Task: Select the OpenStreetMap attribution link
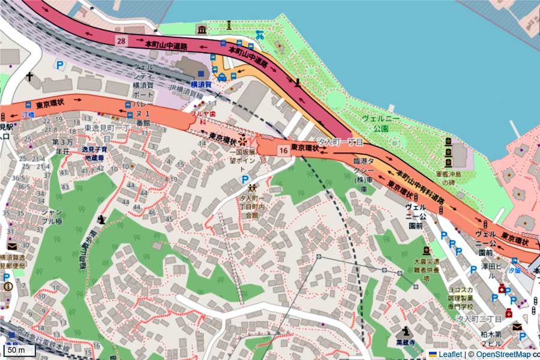[503, 354]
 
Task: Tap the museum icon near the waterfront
[202, 29]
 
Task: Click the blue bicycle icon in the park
[260, 35]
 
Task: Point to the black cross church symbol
[29, 77]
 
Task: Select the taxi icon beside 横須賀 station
[221, 77]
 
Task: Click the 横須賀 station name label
[200, 85]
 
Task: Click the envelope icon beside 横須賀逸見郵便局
[12, 246]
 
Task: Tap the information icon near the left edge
[7, 287]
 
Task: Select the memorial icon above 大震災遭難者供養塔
[426, 250]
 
